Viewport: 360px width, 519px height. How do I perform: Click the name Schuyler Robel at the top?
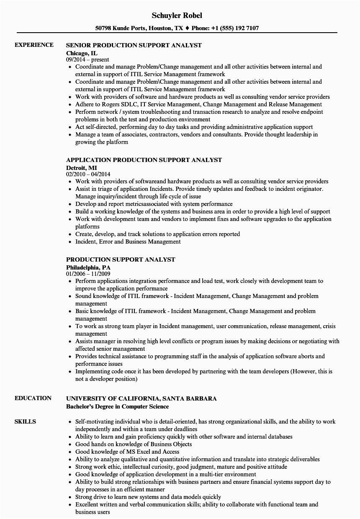[177, 15]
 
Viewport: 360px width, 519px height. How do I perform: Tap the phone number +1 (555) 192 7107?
[236, 28]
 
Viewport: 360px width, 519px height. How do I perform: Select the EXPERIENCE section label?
[34, 45]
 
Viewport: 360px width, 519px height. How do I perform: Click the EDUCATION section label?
[33, 398]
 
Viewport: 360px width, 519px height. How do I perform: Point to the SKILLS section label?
[25, 421]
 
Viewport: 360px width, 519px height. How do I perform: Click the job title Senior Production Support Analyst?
[134, 45]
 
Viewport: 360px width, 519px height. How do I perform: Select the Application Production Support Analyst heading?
[144, 160]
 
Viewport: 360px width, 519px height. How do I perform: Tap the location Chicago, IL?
[82, 53]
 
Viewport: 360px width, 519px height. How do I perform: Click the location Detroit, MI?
[81, 167]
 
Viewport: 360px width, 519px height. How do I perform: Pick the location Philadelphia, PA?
[88, 267]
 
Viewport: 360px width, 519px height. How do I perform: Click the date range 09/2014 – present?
[87, 60]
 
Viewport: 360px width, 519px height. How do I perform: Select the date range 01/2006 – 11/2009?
[88, 274]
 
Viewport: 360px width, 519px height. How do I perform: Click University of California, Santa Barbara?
[141, 398]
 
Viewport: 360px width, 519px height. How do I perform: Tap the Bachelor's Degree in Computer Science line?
[118, 406]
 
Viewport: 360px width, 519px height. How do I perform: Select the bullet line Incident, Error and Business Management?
[128, 242]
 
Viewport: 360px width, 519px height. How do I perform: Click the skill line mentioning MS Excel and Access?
[127, 452]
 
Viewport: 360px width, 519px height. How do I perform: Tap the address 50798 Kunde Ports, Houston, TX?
[139, 28]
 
